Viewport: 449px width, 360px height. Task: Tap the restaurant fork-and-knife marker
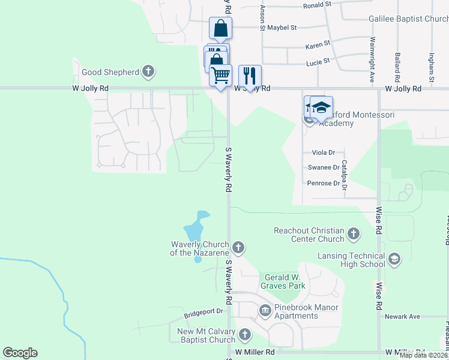pos(250,76)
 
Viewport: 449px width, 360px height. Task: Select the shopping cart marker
pos(220,75)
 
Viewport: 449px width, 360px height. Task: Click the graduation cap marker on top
pos(321,107)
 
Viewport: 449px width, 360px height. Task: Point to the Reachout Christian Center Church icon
pos(354,233)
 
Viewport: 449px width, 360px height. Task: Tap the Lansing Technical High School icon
pos(394,259)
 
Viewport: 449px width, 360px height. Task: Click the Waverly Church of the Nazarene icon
pos(238,247)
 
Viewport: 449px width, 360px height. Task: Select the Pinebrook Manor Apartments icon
pos(265,310)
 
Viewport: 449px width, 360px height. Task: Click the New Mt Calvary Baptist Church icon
pos(244,335)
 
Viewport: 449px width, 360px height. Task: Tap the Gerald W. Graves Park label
pos(285,281)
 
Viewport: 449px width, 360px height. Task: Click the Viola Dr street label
pos(323,153)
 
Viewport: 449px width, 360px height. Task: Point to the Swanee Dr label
pos(324,168)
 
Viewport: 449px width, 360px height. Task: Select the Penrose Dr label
pos(323,183)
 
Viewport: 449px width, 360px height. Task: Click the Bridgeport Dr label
pos(203,311)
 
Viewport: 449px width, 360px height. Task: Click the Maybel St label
pos(282,28)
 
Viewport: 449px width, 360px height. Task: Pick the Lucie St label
pos(318,61)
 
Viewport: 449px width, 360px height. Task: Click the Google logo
pos(20,353)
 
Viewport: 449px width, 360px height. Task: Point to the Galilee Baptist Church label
pos(408,19)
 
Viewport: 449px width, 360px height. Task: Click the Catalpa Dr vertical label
pos(345,175)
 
